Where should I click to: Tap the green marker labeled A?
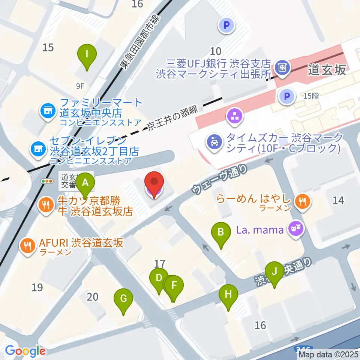click(85, 183)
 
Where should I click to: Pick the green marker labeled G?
click(124, 299)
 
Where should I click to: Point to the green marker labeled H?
click(228, 295)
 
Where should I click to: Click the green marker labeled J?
click(274, 271)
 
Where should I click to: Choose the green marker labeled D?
click(159, 279)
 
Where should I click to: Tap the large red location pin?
click(154, 183)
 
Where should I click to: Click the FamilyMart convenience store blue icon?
click(48, 111)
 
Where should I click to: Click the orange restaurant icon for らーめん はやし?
click(302, 202)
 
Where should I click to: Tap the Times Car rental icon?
click(213, 143)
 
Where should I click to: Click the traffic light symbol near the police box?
click(48, 181)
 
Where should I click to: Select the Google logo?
click(25, 351)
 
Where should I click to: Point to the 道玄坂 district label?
click(327, 70)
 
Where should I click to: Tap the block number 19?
click(37, 288)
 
